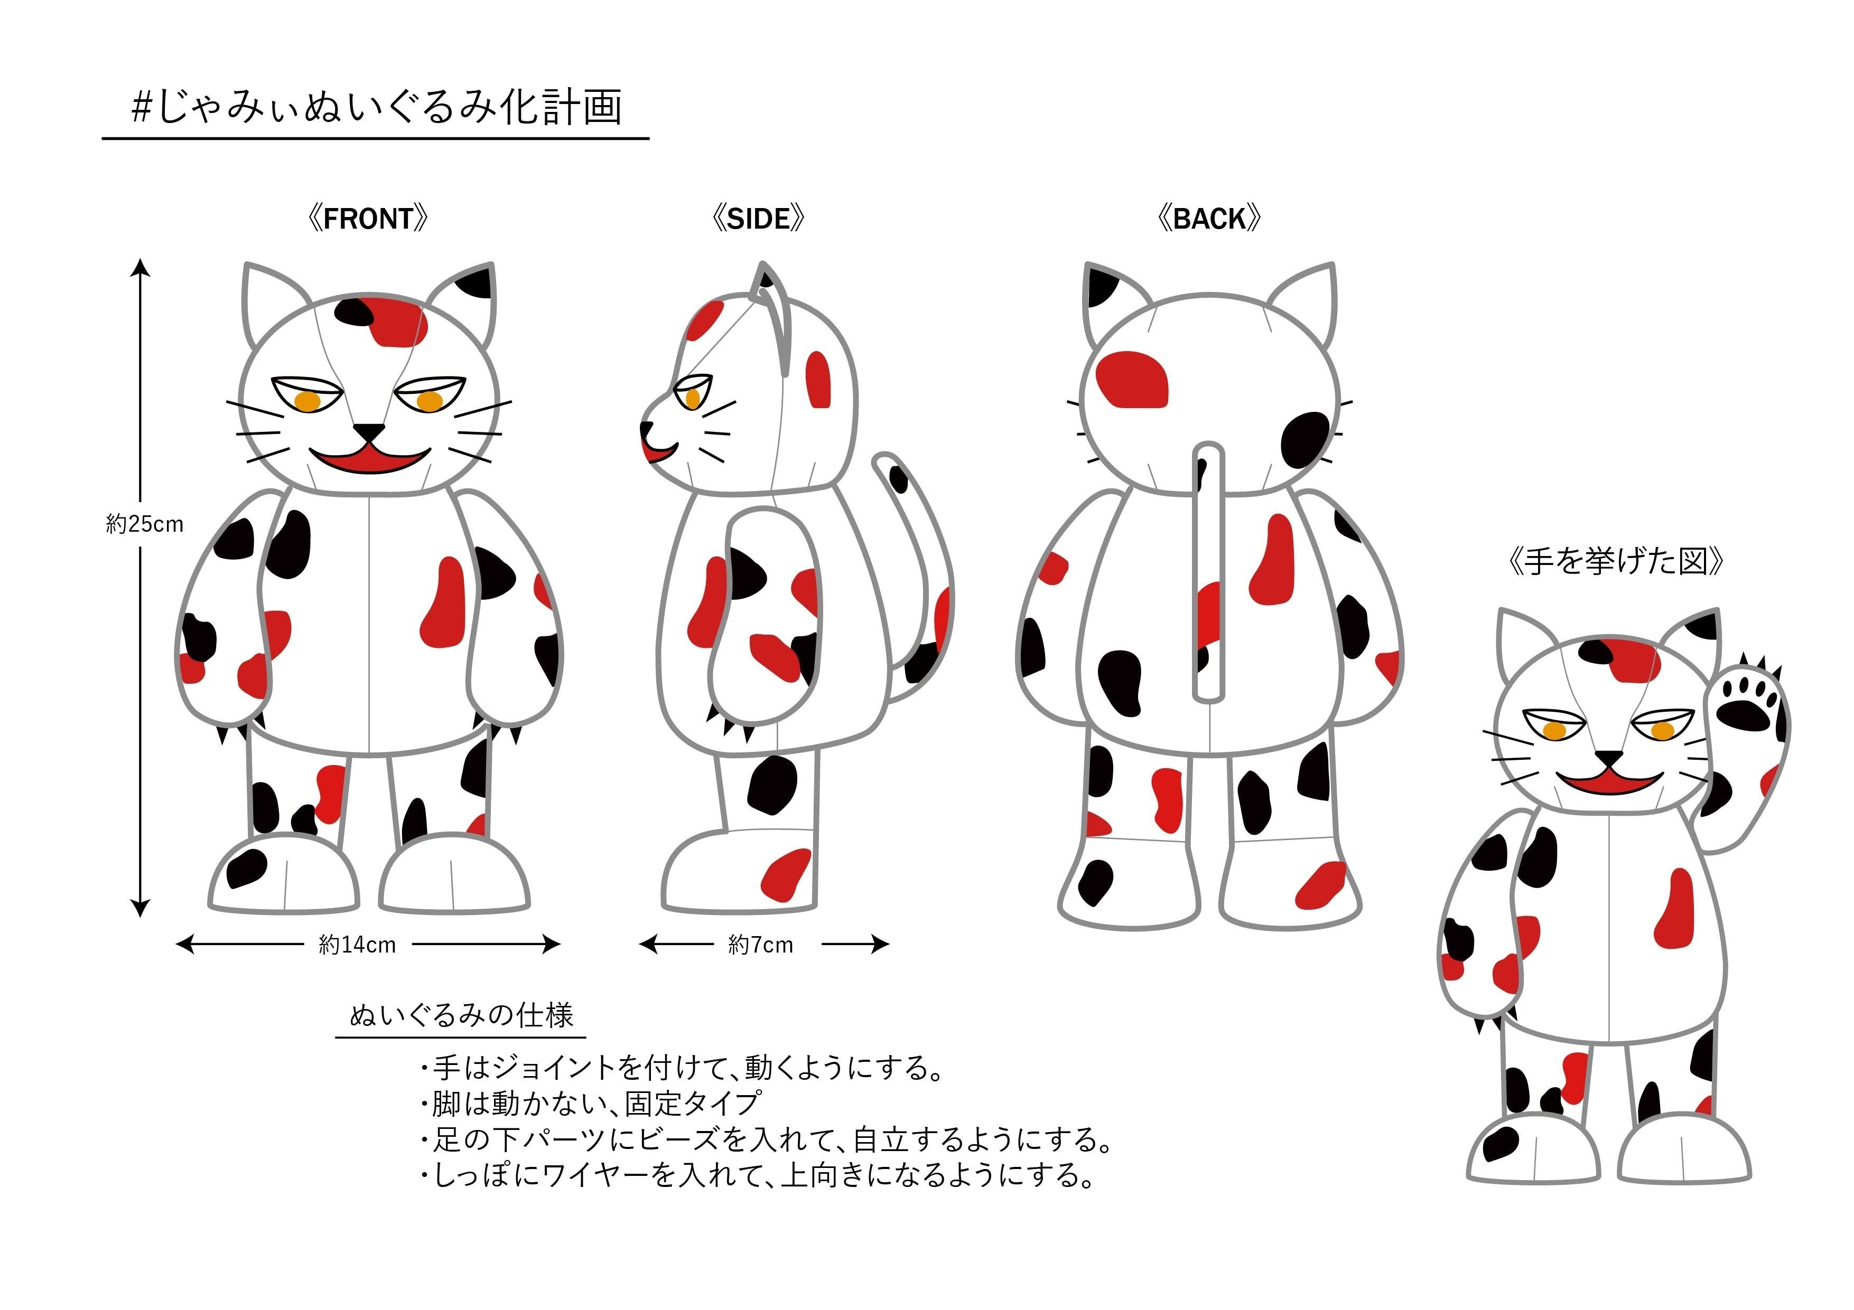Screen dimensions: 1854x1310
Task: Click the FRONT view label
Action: pos(368,219)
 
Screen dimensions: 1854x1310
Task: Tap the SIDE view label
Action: pos(759,219)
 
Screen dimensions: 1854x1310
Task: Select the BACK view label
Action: pos(1209,219)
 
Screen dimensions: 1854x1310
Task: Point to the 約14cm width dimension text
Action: pos(358,945)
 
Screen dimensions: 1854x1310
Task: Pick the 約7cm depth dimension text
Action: pos(761,945)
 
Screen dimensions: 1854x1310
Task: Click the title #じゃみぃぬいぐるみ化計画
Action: pos(376,107)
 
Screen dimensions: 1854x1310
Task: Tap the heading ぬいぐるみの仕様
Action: pos(461,1015)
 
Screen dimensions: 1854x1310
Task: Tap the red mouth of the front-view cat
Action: pos(371,459)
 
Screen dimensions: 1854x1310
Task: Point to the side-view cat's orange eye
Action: pos(693,398)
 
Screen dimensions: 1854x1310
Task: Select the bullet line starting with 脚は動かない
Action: pos(590,1104)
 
